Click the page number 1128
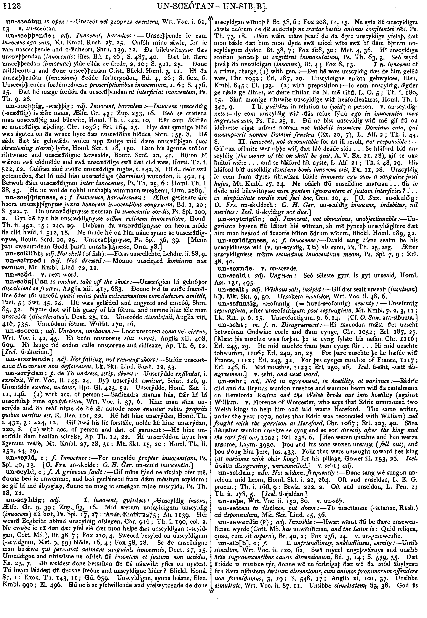(12, 5)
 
